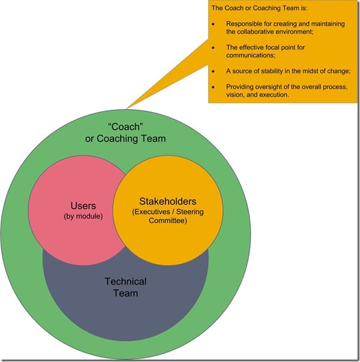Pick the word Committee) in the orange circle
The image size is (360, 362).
(x=167, y=221)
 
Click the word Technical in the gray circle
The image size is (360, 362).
(x=125, y=282)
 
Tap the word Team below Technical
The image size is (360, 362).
(x=125, y=293)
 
